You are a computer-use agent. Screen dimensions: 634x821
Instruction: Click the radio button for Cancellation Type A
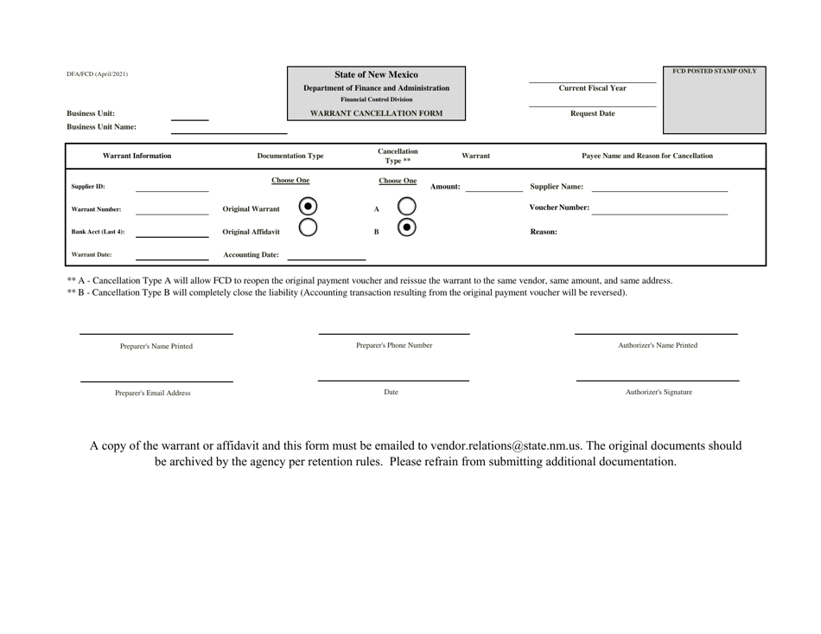[403, 208]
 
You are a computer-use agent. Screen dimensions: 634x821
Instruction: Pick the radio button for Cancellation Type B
[403, 232]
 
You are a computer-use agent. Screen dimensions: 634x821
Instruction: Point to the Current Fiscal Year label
[592, 88]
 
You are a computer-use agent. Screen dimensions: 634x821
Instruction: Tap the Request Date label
[592, 113]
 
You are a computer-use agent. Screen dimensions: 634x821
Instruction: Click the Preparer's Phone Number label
[394, 346]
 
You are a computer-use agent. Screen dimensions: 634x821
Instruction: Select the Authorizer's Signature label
[658, 393]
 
